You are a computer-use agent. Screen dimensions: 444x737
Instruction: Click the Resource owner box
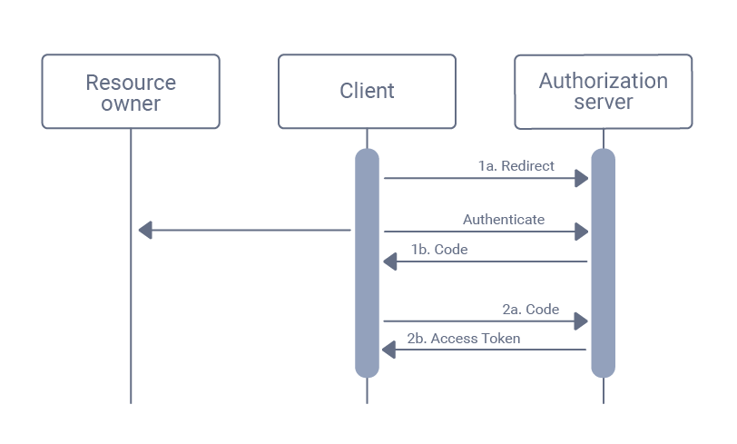pyautogui.click(x=130, y=92)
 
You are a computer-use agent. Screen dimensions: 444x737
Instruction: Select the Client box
pyautogui.click(x=367, y=92)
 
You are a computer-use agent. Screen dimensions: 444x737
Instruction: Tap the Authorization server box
pyautogui.click(x=603, y=92)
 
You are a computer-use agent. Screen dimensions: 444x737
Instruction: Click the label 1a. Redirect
pyautogui.click(x=516, y=166)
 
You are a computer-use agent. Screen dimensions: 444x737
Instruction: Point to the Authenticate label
pyautogui.click(x=504, y=219)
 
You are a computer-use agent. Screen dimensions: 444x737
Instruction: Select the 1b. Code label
pyautogui.click(x=439, y=249)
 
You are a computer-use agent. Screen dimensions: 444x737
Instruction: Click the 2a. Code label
pyautogui.click(x=531, y=309)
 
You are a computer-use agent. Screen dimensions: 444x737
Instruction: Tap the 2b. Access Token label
pyautogui.click(x=464, y=338)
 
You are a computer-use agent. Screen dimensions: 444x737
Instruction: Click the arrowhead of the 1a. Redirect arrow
pyautogui.click(x=582, y=179)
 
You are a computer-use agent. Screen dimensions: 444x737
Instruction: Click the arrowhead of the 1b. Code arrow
pyautogui.click(x=390, y=261)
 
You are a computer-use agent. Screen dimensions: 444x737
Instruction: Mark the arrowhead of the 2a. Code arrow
pyautogui.click(x=582, y=321)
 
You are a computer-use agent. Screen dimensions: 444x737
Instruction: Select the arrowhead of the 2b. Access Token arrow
pyautogui.click(x=390, y=350)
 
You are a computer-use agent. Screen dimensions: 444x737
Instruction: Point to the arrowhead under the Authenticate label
pyautogui.click(x=582, y=232)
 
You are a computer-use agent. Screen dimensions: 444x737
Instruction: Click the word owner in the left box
pyautogui.click(x=131, y=104)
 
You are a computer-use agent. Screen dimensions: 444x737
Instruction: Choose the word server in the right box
pyautogui.click(x=604, y=102)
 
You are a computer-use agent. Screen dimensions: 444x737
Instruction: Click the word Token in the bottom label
pyautogui.click(x=501, y=338)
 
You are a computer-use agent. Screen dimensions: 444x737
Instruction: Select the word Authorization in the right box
pyautogui.click(x=604, y=81)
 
